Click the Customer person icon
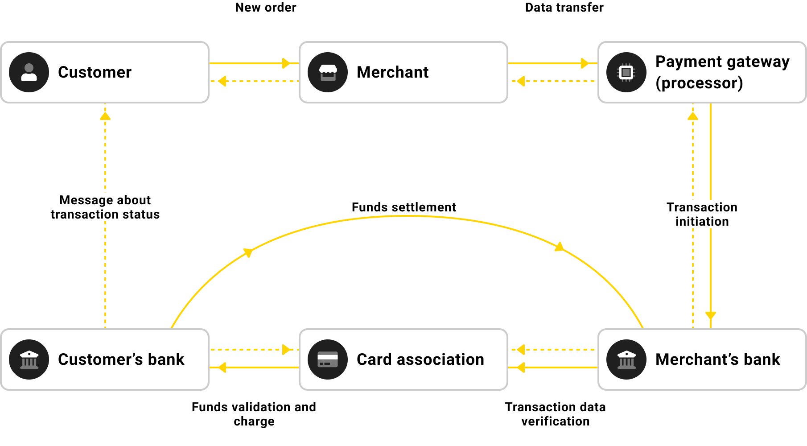coord(29,72)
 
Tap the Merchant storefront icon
coord(328,72)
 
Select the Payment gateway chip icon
coord(626,72)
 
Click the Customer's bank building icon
coord(29,359)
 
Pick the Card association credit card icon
coord(328,359)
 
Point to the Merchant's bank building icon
coord(626,359)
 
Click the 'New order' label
coord(266,8)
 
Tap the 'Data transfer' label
coord(564,8)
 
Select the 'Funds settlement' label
coord(403,207)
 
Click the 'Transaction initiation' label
coord(702,215)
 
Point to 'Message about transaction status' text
coord(105,207)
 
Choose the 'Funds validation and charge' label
coord(254,414)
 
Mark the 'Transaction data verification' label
coord(555,414)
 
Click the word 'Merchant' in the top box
coord(392,72)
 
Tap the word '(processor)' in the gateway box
coord(699,83)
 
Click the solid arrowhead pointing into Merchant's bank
coord(711,315)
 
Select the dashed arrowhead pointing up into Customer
coord(105,116)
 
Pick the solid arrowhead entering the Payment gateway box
coord(585,63)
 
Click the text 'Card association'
coord(420,359)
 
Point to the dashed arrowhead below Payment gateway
coord(693,116)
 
